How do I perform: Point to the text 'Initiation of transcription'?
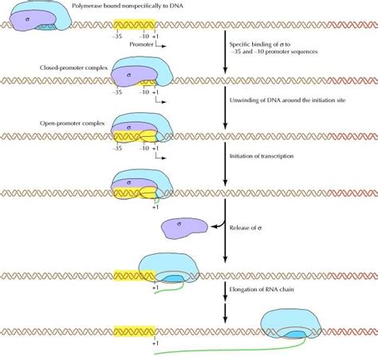click(261, 156)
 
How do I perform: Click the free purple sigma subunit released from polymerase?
click(186, 228)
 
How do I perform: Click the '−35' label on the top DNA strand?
click(120, 36)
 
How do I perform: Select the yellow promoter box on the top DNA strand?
click(132, 24)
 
